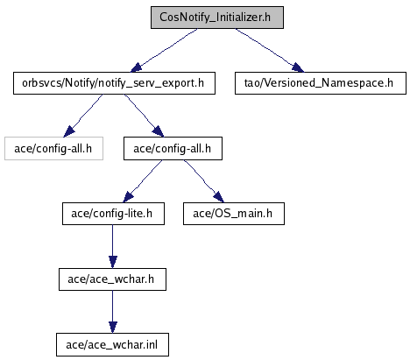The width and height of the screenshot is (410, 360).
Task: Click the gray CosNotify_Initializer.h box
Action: [x=217, y=18]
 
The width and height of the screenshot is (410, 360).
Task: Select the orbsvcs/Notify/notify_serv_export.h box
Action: [x=114, y=83]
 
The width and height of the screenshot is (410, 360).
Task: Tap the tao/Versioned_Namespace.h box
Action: [x=321, y=83]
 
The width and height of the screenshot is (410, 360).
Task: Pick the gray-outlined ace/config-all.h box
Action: [x=53, y=149]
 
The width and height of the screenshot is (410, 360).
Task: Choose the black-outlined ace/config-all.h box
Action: [x=173, y=149]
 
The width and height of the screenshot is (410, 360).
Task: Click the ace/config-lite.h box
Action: [x=113, y=214]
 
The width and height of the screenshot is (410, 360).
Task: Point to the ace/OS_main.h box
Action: [x=234, y=214]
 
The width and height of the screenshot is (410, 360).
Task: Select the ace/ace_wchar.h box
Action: [x=112, y=279]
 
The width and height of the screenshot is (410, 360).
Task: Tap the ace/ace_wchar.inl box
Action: [x=112, y=345]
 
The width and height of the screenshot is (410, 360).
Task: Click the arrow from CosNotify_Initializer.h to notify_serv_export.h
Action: [x=164, y=50]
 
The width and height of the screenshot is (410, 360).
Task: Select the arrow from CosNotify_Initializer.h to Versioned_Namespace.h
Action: [x=269, y=50]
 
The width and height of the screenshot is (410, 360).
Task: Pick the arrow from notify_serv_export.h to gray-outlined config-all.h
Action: [x=83, y=116]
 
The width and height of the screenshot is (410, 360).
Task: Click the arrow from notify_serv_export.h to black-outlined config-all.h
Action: [x=144, y=116]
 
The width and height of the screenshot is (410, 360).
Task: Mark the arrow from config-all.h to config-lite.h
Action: [x=143, y=181]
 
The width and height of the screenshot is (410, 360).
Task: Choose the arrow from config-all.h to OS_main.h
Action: [x=204, y=181]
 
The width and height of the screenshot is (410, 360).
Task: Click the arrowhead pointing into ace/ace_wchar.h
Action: [x=113, y=262]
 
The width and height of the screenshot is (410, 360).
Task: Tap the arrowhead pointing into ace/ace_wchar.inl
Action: [x=113, y=328]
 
